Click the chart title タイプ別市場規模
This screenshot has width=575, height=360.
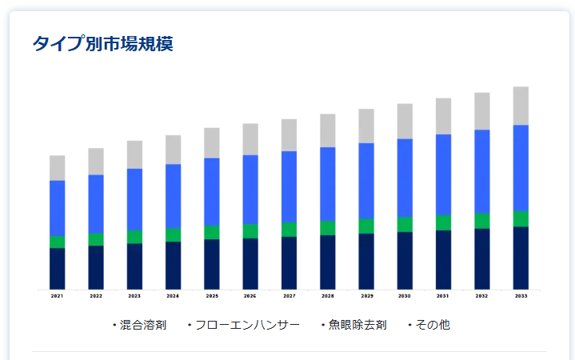(x=102, y=43)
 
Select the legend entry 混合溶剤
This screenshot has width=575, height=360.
(x=142, y=325)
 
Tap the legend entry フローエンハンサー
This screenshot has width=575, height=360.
(x=247, y=325)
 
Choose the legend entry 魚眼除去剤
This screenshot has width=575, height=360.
(x=357, y=325)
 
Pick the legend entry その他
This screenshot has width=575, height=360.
(x=433, y=325)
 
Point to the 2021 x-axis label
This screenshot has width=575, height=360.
(x=57, y=296)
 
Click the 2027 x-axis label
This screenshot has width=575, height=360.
(x=289, y=296)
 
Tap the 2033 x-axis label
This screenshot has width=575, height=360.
(x=521, y=296)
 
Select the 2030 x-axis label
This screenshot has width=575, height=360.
(x=405, y=296)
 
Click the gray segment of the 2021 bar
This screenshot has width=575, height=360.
(x=57, y=168)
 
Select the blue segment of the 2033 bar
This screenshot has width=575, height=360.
(x=521, y=168)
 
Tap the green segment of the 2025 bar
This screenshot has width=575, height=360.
(x=211, y=232)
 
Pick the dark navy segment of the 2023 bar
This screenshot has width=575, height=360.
(x=134, y=266)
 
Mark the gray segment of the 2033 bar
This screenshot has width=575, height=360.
(x=521, y=106)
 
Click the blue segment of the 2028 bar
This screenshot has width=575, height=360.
(x=327, y=184)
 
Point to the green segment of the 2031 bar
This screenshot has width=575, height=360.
(x=443, y=222)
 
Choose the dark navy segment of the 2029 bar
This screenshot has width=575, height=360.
(x=366, y=261)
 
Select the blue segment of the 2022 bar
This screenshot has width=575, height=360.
(x=96, y=204)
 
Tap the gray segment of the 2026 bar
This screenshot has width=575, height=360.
(x=250, y=139)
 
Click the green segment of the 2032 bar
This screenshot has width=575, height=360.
(x=482, y=221)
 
